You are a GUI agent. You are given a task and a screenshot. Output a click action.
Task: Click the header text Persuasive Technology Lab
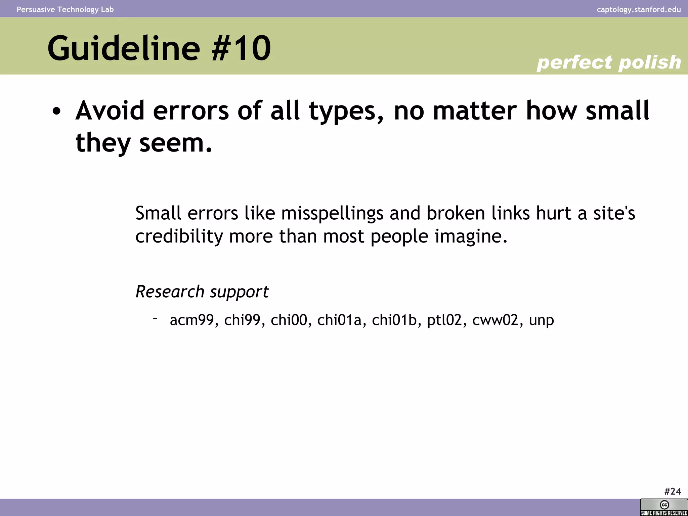tap(65, 9)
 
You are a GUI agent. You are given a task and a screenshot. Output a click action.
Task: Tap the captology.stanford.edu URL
tap(639, 9)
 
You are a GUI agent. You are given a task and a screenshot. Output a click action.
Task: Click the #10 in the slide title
tap(241, 48)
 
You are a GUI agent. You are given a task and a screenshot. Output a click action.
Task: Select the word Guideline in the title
tap(124, 48)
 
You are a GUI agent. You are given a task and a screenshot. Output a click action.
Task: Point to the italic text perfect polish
tap(608, 62)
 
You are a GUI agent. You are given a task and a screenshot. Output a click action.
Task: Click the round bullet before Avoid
tap(56, 112)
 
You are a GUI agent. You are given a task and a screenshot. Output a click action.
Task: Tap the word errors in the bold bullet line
tap(190, 111)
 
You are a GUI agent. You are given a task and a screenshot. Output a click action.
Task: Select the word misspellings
tap(332, 214)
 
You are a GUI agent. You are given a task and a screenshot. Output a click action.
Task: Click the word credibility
tap(179, 236)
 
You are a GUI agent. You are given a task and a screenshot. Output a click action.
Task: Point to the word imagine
tap(470, 236)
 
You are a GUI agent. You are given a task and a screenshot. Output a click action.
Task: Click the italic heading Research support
tap(202, 292)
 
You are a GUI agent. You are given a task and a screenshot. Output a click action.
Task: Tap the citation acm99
tap(192, 320)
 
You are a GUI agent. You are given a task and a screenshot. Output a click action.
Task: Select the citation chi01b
tap(394, 320)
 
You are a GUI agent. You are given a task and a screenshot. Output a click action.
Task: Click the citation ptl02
tap(444, 320)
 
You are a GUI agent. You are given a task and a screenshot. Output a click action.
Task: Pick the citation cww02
tap(495, 320)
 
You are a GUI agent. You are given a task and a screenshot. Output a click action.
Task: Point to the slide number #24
tap(672, 491)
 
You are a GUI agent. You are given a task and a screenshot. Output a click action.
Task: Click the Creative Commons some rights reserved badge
tap(664, 507)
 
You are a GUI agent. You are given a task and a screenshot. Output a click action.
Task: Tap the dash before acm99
tap(155, 317)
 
